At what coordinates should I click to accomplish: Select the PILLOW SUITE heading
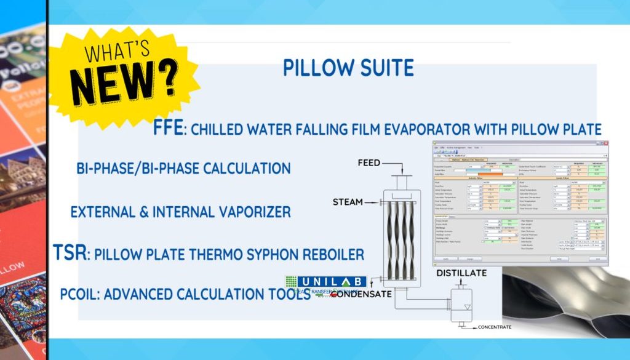pyautogui.click(x=348, y=68)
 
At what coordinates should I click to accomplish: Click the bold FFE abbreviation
pyautogui.click(x=168, y=128)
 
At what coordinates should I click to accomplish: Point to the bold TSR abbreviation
pyautogui.click(x=68, y=253)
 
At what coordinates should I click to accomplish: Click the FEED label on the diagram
pyautogui.click(x=369, y=163)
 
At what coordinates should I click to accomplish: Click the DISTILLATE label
pyautogui.click(x=461, y=273)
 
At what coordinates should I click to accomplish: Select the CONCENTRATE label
pyautogui.click(x=494, y=327)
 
